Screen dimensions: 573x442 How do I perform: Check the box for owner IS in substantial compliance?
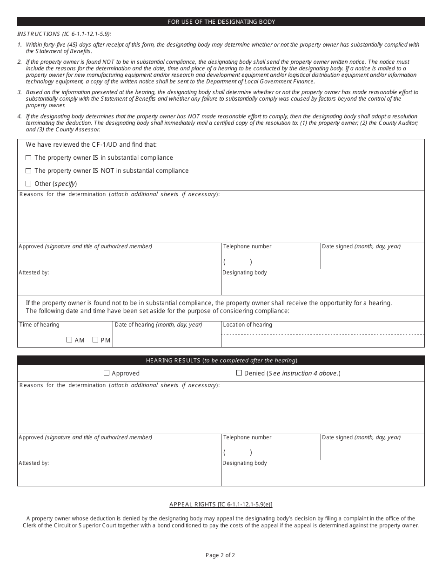pos(28,158)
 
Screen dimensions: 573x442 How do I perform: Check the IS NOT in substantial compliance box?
pos(28,171)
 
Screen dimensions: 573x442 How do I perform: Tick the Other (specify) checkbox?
pos(28,184)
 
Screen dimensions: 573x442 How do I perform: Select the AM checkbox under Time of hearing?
pos(69,340)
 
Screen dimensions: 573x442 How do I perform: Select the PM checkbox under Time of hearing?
pos(95,340)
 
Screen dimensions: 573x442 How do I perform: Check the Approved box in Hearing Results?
pos(107,373)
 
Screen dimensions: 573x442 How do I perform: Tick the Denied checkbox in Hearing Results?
pos(239,373)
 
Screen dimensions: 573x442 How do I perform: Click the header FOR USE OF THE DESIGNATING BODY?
pos(221,22)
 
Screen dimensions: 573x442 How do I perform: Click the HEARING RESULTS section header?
pos(221,360)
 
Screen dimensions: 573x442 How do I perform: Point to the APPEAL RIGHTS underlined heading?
pos(221,505)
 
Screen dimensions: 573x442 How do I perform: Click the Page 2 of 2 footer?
pos(221,555)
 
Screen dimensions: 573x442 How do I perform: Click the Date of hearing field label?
pos(158,325)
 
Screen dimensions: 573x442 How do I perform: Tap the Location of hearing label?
pos(248,325)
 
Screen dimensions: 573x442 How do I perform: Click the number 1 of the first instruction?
pos(20,45)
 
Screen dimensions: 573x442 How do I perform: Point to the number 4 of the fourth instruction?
pos(20,116)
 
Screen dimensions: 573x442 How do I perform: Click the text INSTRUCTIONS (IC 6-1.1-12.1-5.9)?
pos(64,34)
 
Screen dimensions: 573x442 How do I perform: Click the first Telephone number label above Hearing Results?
pos(247,246)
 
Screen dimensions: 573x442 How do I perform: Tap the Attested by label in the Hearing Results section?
pos(33,463)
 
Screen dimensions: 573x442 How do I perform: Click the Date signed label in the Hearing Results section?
pos(361,437)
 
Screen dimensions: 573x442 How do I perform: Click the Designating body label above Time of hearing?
pos(245,273)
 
